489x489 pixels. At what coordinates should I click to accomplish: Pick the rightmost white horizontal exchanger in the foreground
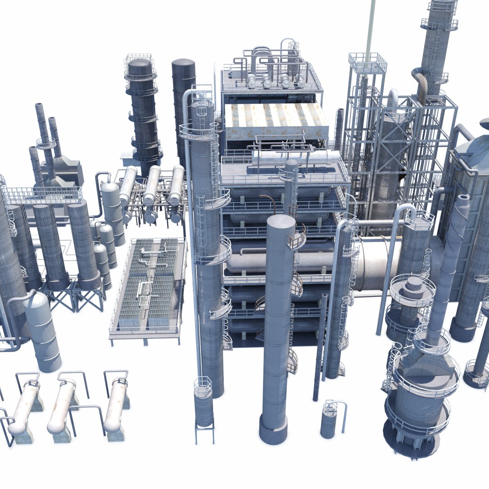click(x=115, y=404)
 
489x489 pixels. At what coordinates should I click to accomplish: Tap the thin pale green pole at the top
click(x=370, y=27)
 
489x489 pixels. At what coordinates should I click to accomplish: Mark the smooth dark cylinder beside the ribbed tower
click(x=183, y=100)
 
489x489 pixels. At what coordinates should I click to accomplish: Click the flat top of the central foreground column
click(x=280, y=222)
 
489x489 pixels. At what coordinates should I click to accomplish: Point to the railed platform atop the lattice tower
click(x=367, y=62)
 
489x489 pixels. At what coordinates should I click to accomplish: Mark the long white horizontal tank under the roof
click(x=294, y=158)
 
